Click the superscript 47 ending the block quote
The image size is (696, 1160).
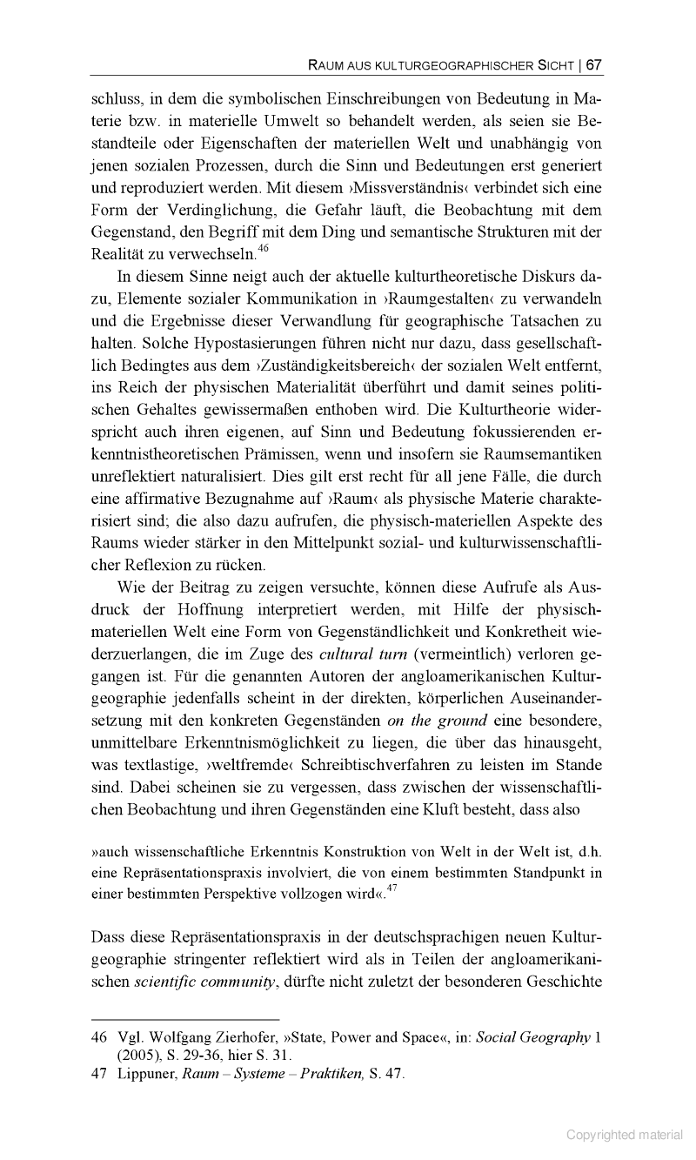click(x=392, y=887)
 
